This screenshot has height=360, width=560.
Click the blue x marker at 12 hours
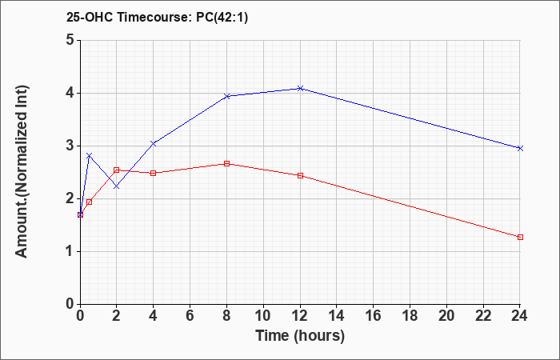point(300,88)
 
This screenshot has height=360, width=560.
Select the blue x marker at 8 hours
point(226,96)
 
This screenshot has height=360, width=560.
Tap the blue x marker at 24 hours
point(520,148)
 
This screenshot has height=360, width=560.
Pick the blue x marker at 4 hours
point(154,143)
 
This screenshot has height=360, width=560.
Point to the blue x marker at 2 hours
point(117,186)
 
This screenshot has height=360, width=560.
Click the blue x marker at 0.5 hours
point(90,155)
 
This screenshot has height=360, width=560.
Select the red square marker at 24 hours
point(520,237)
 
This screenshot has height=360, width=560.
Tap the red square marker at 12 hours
point(300,176)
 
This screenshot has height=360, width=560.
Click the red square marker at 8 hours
point(226,163)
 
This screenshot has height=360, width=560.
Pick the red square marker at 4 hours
point(154,174)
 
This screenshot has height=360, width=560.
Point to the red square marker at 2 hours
point(117,170)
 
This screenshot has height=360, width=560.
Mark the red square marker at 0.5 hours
point(90,202)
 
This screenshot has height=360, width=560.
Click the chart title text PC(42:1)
point(222,18)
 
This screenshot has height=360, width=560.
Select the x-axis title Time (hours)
point(300,336)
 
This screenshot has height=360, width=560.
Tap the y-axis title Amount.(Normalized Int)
point(22,171)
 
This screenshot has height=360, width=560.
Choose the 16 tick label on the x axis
point(374,316)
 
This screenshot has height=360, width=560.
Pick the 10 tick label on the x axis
point(263,316)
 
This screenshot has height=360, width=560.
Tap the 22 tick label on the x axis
point(483,316)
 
